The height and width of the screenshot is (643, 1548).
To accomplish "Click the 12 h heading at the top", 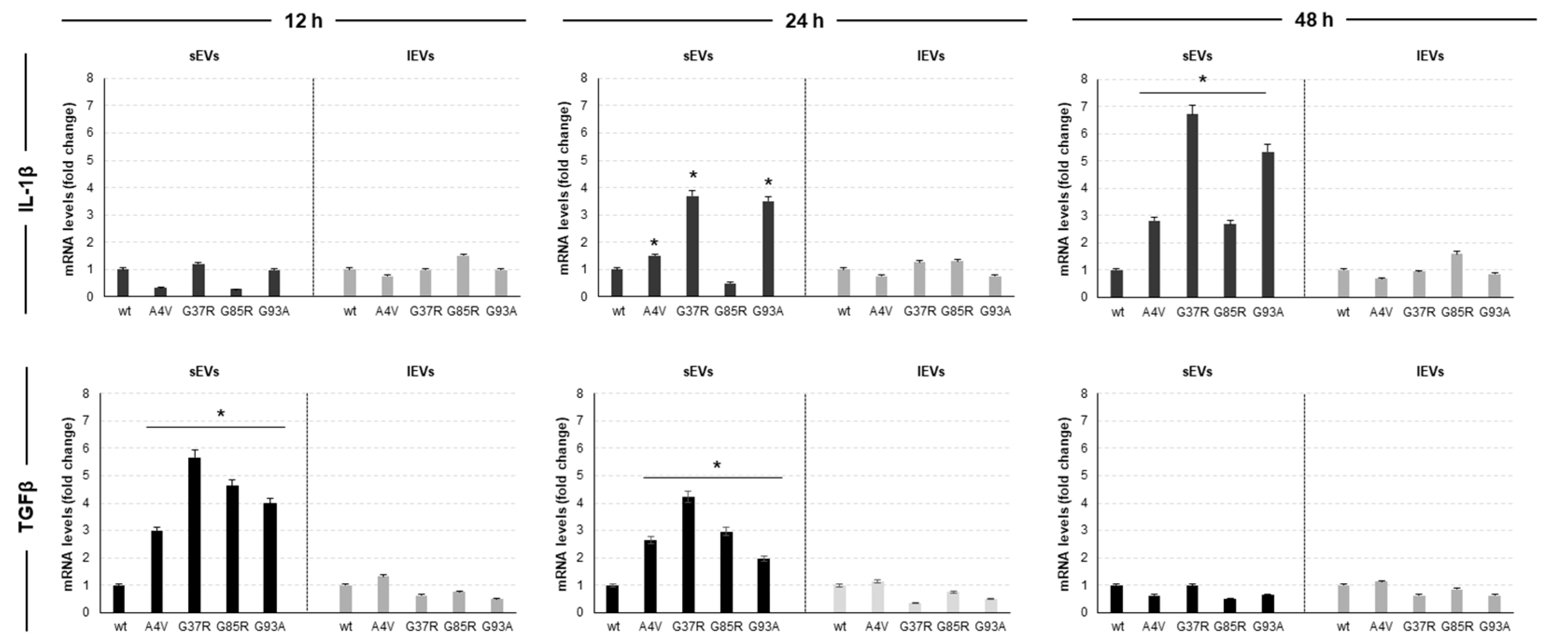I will point(303,21).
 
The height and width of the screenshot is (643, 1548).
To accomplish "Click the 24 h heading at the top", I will point(804,21).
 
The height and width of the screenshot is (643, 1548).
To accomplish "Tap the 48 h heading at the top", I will point(1314,20).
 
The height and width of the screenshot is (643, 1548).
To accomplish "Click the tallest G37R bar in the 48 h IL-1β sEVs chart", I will point(1192,204).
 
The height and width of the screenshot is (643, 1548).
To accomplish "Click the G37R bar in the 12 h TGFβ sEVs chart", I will point(194,535).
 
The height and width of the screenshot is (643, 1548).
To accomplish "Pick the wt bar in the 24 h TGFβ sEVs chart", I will point(612,599).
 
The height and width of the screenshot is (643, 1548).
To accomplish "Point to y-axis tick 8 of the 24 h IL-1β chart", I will point(584,78).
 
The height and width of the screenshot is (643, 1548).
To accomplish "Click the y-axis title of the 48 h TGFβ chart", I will point(1064,503).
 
